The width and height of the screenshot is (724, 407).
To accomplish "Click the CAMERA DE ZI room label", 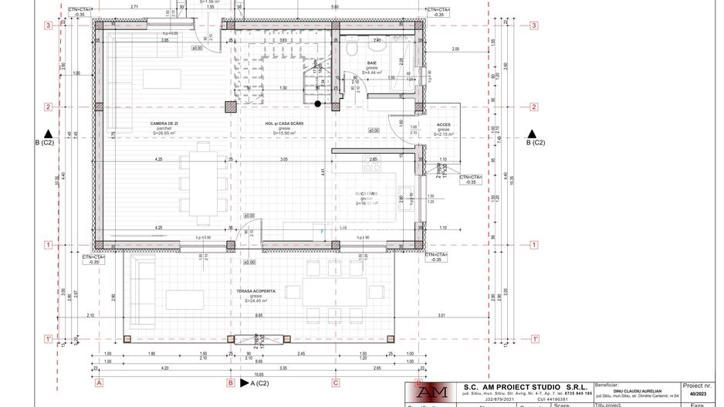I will (164, 124).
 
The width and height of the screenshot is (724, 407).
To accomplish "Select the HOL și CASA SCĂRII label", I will (284, 124).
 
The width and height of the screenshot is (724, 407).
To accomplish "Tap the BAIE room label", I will (372, 63).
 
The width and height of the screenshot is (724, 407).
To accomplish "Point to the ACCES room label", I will (444, 124).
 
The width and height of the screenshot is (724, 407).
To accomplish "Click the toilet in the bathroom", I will (352, 49).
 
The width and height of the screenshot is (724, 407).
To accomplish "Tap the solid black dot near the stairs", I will (317, 103).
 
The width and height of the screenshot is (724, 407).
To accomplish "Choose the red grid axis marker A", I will (99, 382).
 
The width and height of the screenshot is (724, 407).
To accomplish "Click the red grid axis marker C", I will (336, 382).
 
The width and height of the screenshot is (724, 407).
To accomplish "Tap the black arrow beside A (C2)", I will (244, 382).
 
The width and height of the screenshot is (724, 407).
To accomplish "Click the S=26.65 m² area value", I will (164, 133).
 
